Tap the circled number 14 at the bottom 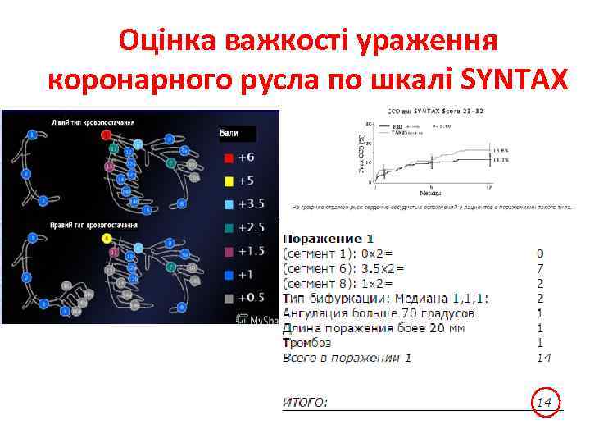pyautogui.click(x=544, y=402)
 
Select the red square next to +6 pyautogui.click(x=229, y=158)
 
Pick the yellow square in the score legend pyautogui.click(x=229, y=180)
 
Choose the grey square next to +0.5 pyautogui.click(x=229, y=297)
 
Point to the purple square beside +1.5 pyautogui.click(x=229, y=250)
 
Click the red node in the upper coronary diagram pyautogui.click(x=106, y=134)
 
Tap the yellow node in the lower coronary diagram pyautogui.click(x=107, y=238)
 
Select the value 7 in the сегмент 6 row pyautogui.click(x=539, y=268)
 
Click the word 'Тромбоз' pyautogui.click(x=307, y=343)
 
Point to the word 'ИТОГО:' pyautogui.click(x=305, y=402)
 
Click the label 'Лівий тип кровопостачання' pyautogui.click(x=93, y=122)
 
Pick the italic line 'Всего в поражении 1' pyautogui.click(x=347, y=358)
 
